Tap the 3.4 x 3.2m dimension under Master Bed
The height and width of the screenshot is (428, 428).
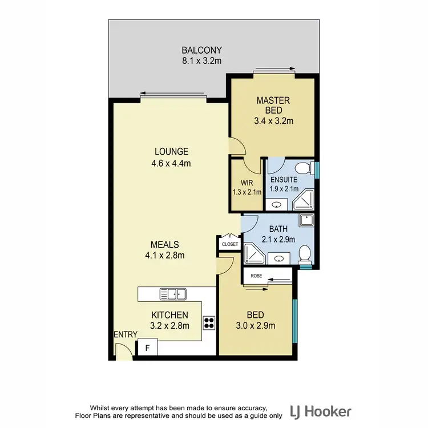tap(273, 121)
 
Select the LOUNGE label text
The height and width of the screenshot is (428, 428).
tap(171, 152)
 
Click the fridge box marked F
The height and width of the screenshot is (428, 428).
tap(147, 348)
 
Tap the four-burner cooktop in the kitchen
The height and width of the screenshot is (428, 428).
tap(209, 324)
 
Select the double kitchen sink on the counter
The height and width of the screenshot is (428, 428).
tap(173, 294)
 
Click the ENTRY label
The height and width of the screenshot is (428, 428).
tap(125, 335)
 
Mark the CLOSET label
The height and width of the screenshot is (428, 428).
tap(230, 244)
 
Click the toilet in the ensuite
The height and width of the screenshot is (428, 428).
tap(306, 168)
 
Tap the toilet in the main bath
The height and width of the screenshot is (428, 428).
tap(305, 252)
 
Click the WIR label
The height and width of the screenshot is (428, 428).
tap(246, 184)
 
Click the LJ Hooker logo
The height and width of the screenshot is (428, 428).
tap(321, 411)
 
